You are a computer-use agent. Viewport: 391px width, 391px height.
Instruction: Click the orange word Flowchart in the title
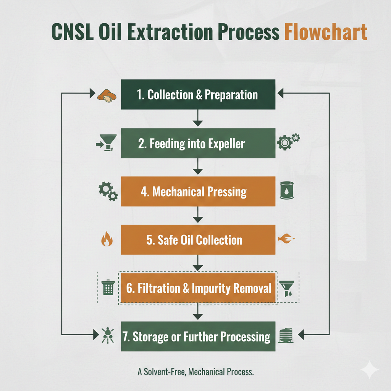click(326, 32)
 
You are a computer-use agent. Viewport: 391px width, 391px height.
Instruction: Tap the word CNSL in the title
click(72, 32)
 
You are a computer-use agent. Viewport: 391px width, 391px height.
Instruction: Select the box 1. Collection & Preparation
click(198, 95)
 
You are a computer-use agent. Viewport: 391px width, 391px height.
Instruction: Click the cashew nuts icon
click(107, 96)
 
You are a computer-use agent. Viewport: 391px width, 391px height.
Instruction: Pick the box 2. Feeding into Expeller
click(198, 143)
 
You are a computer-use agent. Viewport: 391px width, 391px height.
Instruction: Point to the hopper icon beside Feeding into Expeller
click(107, 143)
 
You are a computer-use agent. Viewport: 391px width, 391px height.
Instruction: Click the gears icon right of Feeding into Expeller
click(289, 142)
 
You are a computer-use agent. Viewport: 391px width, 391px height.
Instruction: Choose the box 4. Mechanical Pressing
click(198, 192)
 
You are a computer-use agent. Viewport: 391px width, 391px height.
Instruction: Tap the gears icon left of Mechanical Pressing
click(108, 191)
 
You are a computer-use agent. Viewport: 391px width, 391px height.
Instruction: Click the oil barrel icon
click(286, 190)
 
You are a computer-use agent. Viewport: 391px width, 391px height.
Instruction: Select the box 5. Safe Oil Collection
click(198, 240)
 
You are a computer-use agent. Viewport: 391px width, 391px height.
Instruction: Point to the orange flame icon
click(107, 239)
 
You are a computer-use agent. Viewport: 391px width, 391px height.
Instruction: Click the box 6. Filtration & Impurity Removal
click(198, 288)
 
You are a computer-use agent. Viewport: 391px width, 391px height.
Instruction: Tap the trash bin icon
click(108, 288)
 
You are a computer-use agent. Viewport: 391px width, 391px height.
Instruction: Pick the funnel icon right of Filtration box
click(287, 289)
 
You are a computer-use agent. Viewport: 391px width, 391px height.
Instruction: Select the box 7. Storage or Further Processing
click(198, 336)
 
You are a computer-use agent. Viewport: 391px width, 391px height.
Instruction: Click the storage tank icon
click(286, 335)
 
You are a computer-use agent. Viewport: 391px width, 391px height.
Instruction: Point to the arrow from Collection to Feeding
click(198, 118)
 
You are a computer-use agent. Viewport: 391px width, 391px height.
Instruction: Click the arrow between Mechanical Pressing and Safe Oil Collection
click(198, 215)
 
